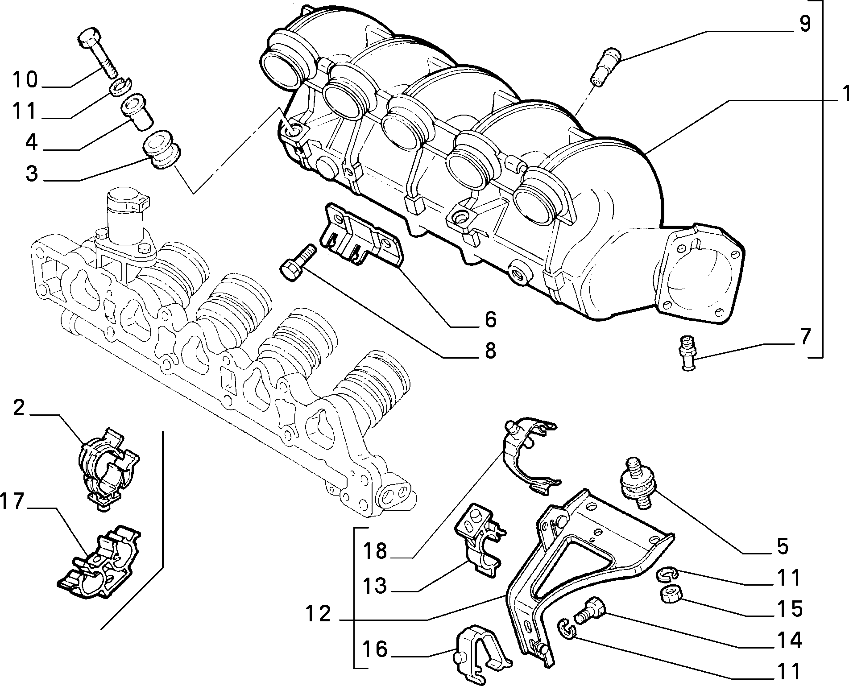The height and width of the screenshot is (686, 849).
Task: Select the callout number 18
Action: (375, 551)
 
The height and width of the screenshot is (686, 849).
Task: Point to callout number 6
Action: (490, 319)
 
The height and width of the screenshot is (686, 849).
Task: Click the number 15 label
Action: (789, 609)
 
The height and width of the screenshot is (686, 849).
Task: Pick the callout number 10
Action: (25, 80)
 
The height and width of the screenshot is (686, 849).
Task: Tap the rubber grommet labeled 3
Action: (162, 150)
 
